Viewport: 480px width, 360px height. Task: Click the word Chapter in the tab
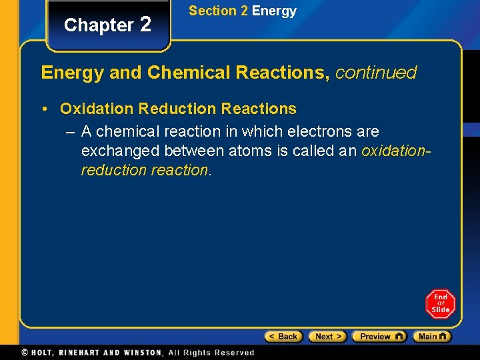coord(99,25)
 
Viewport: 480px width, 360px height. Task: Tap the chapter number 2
coord(145,24)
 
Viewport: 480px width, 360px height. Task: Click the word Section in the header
coord(213,11)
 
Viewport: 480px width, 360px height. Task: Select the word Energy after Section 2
coord(274,11)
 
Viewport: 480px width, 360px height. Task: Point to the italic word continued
coord(376,72)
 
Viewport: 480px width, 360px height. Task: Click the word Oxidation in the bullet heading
coord(97,108)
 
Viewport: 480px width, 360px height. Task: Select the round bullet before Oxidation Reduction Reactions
coord(46,108)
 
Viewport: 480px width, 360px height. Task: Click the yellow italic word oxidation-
coord(396,151)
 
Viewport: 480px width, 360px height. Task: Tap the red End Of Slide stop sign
coord(440,303)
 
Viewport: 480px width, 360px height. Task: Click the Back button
coord(283,337)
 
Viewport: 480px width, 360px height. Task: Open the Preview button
coord(379,337)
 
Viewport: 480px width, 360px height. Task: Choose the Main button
coord(431,337)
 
